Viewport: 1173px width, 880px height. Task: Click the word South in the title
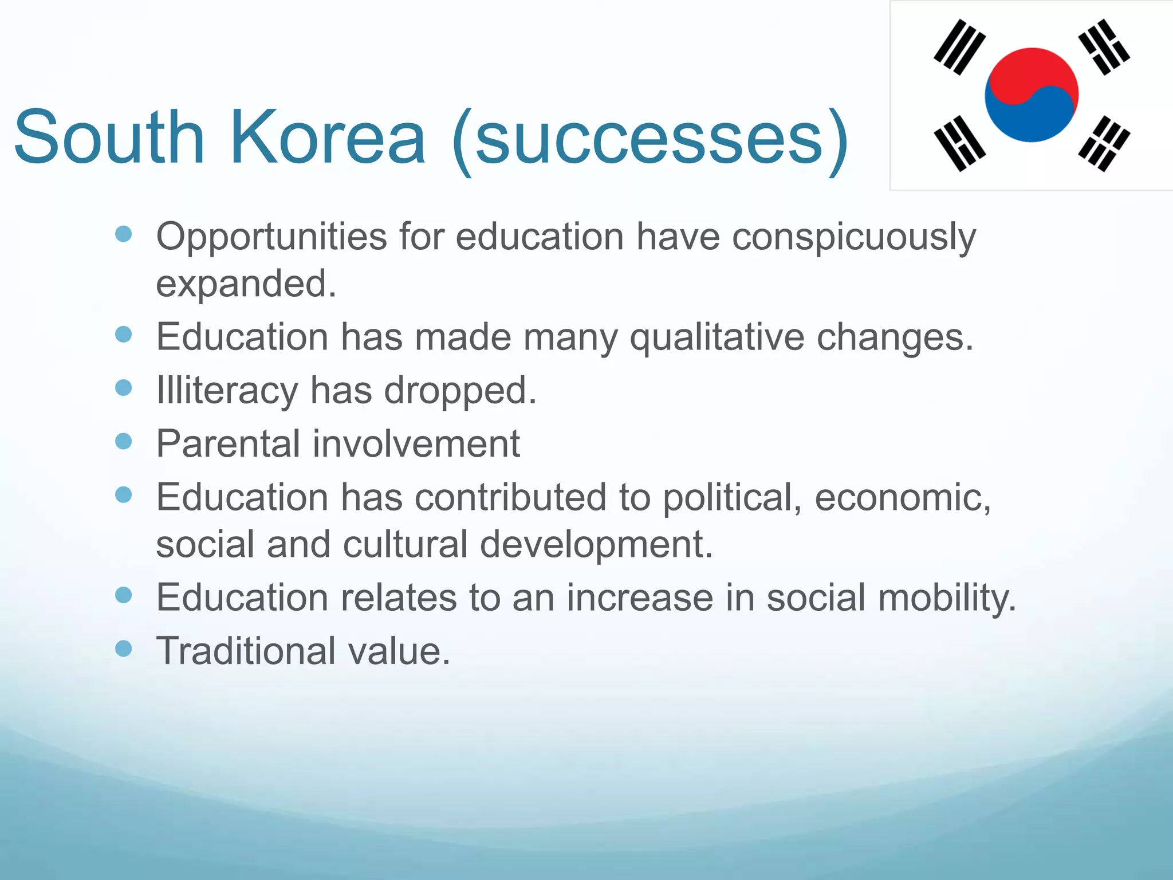(x=109, y=137)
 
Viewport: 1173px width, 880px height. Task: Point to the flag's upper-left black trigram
(x=959, y=47)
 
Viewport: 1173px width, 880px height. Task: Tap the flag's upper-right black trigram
(x=1104, y=47)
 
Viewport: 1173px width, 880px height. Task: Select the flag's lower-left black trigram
(x=959, y=143)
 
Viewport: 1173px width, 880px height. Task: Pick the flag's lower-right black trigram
(x=1104, y=143)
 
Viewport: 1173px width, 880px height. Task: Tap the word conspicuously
(x=853, y=237)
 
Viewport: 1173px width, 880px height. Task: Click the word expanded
(x=245, y=283)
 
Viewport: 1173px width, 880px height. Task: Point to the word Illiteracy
(x=227, y=390)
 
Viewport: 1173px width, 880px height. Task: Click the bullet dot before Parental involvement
(x=124, y=441)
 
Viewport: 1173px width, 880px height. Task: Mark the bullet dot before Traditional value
(x=124, y=649)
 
